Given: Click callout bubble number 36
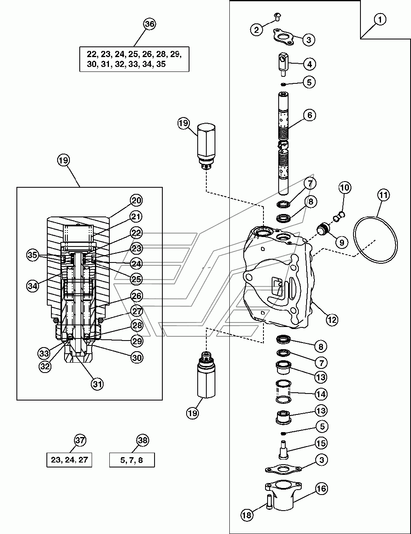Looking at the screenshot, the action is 150,24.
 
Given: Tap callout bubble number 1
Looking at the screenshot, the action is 380,19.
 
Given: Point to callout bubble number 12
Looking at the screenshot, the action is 332,320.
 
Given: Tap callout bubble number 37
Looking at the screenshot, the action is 80,440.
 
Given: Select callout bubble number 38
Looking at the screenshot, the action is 143,440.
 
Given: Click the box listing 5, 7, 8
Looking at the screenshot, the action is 132,460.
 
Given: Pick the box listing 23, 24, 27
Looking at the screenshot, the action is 69,460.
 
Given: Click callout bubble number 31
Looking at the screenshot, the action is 97,384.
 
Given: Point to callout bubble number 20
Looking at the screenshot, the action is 136,200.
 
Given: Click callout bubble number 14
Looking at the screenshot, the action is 321,394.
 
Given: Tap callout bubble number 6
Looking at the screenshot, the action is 309,115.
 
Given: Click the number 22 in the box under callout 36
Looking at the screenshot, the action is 92,54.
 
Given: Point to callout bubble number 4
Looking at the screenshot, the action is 309,64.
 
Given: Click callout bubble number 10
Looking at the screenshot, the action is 345,188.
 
